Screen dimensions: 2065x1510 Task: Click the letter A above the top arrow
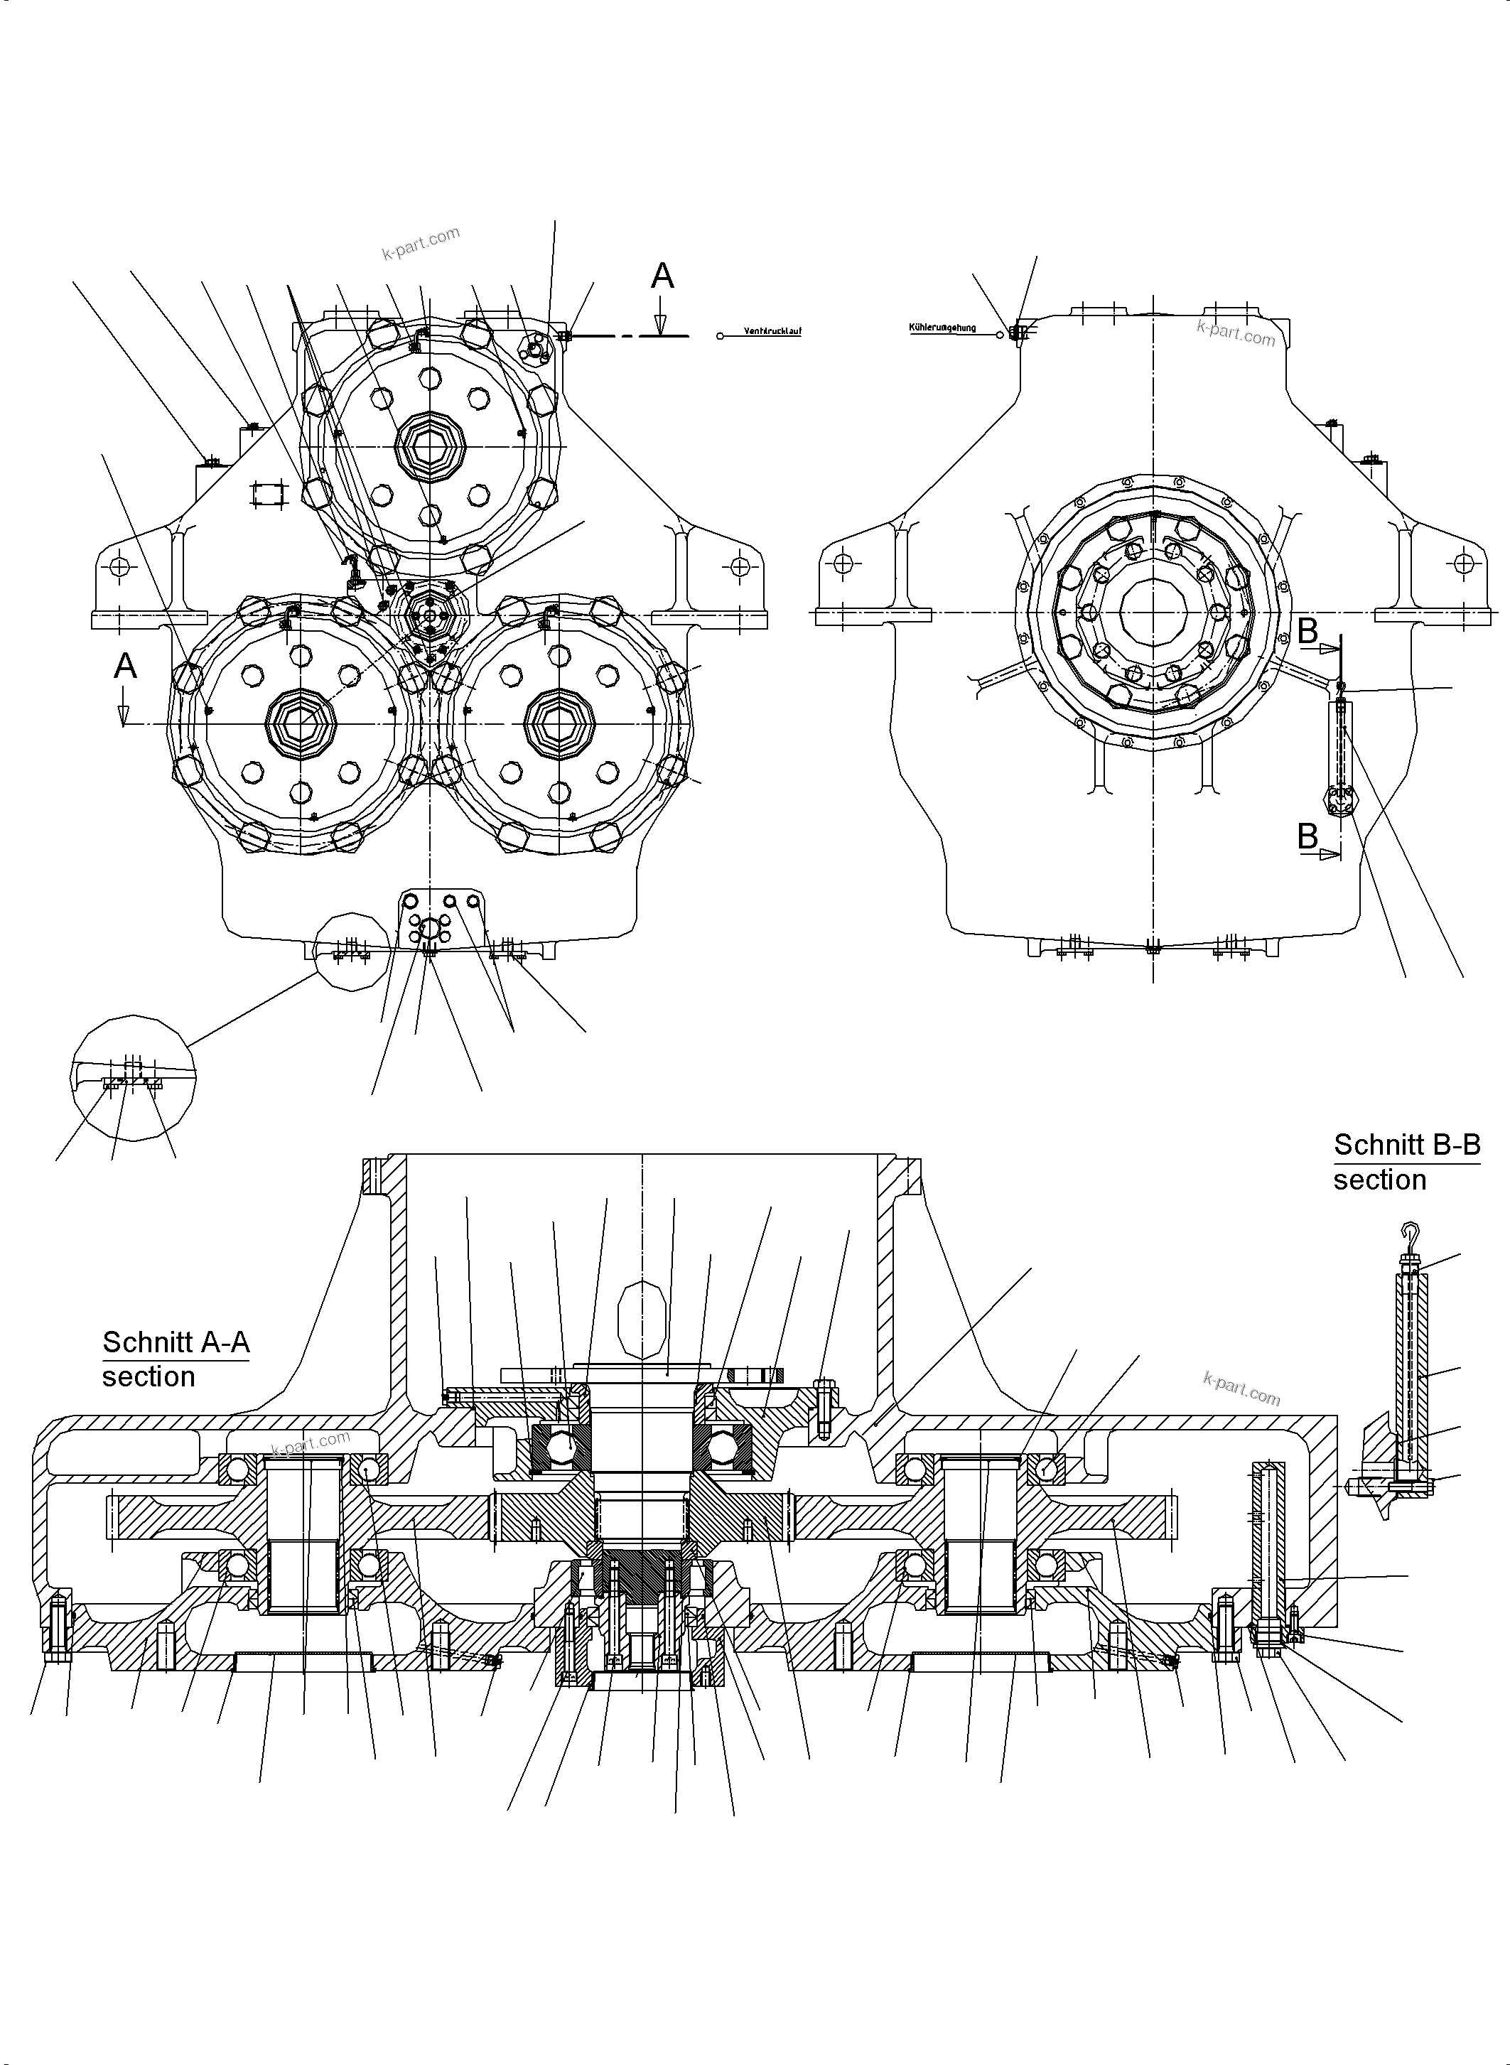click(x=662, y=276)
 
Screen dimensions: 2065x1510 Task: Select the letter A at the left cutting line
click(x=125, y=667)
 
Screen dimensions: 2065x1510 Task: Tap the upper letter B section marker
click(x=1308, y=631)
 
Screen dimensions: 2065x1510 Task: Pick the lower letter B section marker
click(x=1308, y=836)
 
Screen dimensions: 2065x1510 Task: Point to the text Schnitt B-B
click(x=1406, y=1145)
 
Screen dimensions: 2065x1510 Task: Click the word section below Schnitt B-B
click(x=1379, y=1180)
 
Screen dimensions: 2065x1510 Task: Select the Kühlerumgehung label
click(x=942, y=328)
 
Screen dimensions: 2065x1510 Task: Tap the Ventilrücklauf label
click(x=772, y=332)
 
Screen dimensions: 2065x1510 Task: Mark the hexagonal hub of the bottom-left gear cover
click(x=301, y=724)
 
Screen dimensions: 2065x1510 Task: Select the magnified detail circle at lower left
click(x=133, y=1078)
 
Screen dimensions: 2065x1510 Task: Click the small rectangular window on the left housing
click(x=269, y=495)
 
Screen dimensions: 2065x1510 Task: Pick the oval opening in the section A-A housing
click(x=641, y=1319)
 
